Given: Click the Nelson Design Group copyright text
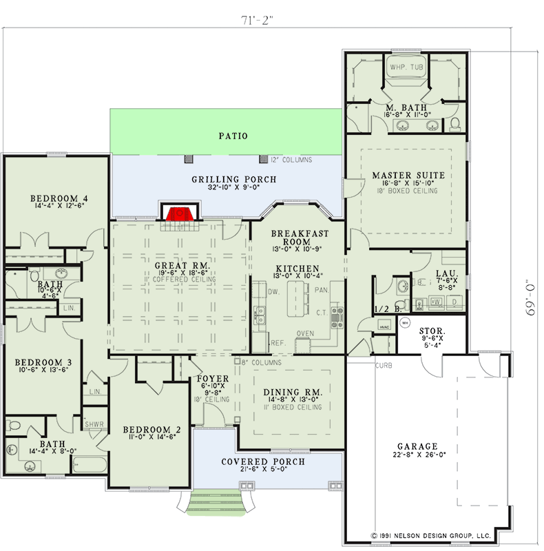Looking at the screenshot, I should (x=430, y=534).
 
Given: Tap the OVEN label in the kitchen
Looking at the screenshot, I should (x=304, y=333).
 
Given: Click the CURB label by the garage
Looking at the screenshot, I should (x=384, y=365).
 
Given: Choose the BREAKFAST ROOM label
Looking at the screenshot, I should (x=297, y=238).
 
